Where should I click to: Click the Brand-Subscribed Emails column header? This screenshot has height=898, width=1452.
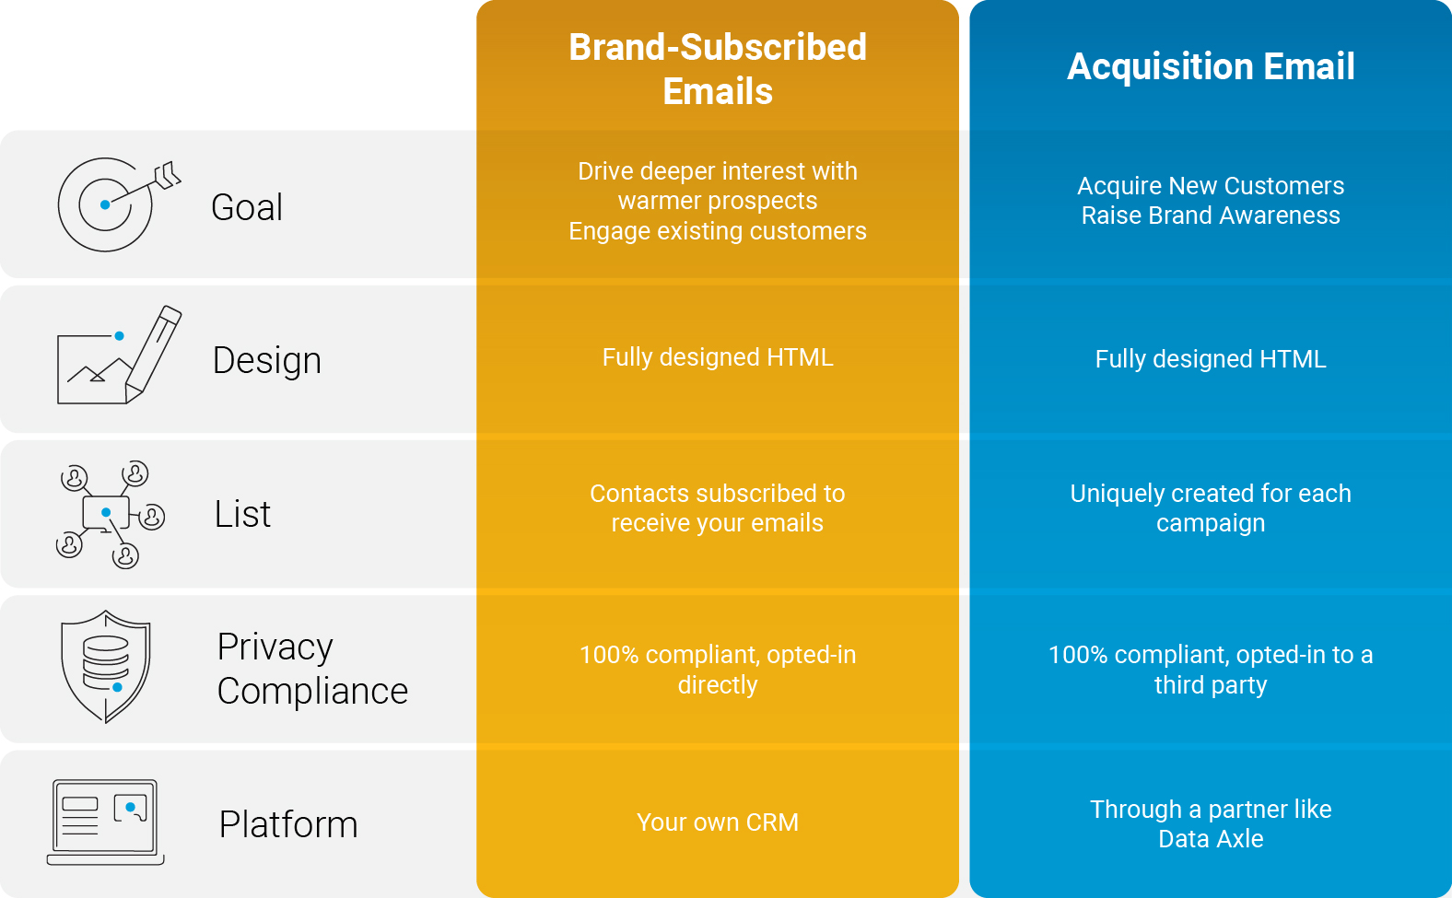tap(718, 69)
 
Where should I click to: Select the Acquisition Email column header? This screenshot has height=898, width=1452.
tap(1211, 66)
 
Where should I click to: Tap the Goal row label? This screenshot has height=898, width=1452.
tap(247, 207)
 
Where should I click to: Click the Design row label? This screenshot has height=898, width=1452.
tap(267, 360)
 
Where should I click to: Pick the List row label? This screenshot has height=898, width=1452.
tap(242, 515)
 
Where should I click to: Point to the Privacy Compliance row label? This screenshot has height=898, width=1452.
tap(312, 669)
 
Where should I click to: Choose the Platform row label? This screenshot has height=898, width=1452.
tap(288, 824)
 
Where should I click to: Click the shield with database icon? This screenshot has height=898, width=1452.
tap(106, 666)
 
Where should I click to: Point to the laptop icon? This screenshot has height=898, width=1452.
tap(106, 822)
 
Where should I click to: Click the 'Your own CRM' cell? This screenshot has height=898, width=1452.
tap(718, 822)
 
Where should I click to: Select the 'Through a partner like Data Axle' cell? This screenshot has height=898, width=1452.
tap(1211, 824)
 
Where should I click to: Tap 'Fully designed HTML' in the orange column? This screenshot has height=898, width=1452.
tap(718, 357)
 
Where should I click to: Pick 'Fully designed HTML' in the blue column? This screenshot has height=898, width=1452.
tap(1211, 359)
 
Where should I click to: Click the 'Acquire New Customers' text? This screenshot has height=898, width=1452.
tap(1211, 186)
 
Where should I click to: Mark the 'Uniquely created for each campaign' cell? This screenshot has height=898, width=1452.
tap(1211, 508)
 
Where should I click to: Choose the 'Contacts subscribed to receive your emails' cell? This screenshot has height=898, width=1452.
tap(718, 508)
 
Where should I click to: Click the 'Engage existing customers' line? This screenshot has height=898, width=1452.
tap(718, 231)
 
